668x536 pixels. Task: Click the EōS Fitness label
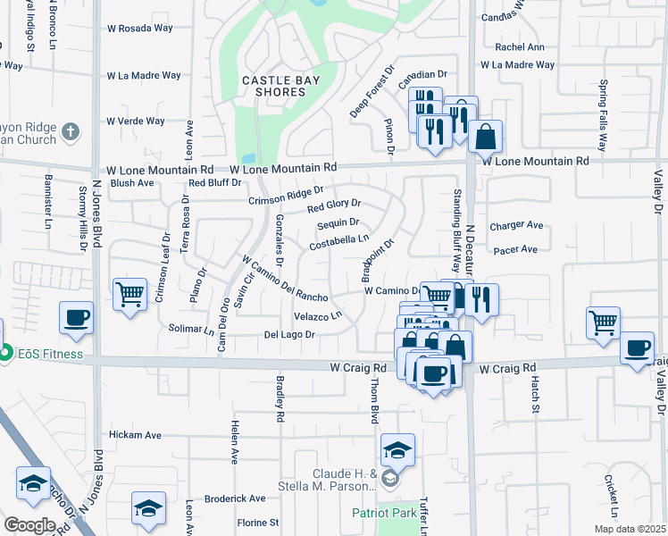(50, 355)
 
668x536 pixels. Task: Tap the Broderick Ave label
(235, 498)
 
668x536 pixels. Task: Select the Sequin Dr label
(338, 223)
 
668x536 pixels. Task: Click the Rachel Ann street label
(519, 47)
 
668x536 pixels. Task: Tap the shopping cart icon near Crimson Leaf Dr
(130, 293)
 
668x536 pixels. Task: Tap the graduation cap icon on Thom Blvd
(397, 449)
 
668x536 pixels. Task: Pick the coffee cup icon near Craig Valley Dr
(638, 348)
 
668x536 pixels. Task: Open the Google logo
(29, 524)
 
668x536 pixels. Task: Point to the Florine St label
(257, 523)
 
